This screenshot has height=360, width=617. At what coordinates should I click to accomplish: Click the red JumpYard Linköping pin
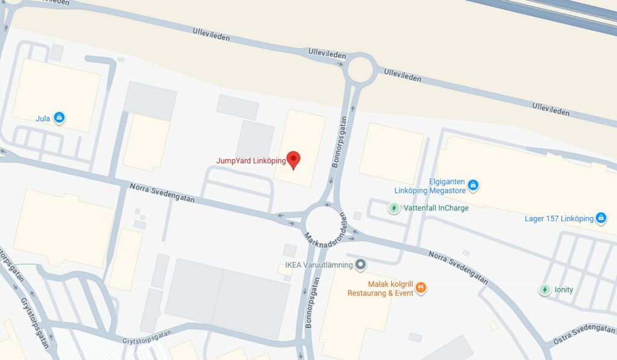tap(293, 160)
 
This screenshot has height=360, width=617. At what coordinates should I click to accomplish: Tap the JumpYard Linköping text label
tap(251, 161)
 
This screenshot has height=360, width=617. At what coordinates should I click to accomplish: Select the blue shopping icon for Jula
tap(59, 118)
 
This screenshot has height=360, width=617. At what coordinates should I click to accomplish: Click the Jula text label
tap(43, 118)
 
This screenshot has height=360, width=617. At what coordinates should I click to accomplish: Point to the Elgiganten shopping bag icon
tap(473, 185)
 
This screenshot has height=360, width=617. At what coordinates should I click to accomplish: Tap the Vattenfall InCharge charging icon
tap(393, 208)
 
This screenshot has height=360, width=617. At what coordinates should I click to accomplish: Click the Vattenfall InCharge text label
tap(436, 208)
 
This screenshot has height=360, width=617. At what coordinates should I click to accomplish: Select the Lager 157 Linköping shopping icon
tap(601, 218)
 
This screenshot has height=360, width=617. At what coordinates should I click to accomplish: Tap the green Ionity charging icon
tap(545, 289)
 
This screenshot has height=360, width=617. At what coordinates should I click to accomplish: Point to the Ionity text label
tap(565, 289)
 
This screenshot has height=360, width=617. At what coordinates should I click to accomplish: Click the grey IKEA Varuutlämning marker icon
tap(360, 264)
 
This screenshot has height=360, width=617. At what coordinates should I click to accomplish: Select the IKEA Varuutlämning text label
tap(319, 264)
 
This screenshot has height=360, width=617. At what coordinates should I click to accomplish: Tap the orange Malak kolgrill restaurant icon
tap(421, 288)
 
